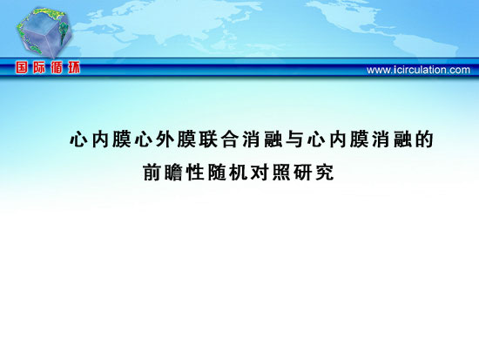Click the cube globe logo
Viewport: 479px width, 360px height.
pos(44,32)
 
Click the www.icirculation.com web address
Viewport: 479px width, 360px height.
pos(418,70)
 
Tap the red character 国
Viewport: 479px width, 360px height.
pos(22,67)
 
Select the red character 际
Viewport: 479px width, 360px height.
pos(39,67)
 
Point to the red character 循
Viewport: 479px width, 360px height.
pos(57,67)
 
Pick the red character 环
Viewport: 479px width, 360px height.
pos(74,67)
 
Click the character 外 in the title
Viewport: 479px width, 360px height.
pos(165,139)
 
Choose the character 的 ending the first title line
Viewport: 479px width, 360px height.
pos(424,139)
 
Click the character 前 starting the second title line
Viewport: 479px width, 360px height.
pos(152,173)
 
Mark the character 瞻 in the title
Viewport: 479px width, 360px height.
pos(173,173)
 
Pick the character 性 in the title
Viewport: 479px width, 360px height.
pos(195,173)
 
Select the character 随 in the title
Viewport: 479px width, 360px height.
pos(217,173)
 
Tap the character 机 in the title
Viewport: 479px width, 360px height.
pos(239,173)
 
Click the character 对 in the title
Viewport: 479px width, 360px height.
pos(260,173)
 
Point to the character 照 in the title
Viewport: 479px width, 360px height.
pos(281,173)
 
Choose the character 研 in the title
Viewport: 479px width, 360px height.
pos(303,173)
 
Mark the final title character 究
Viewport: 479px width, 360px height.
pos(325,173)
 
